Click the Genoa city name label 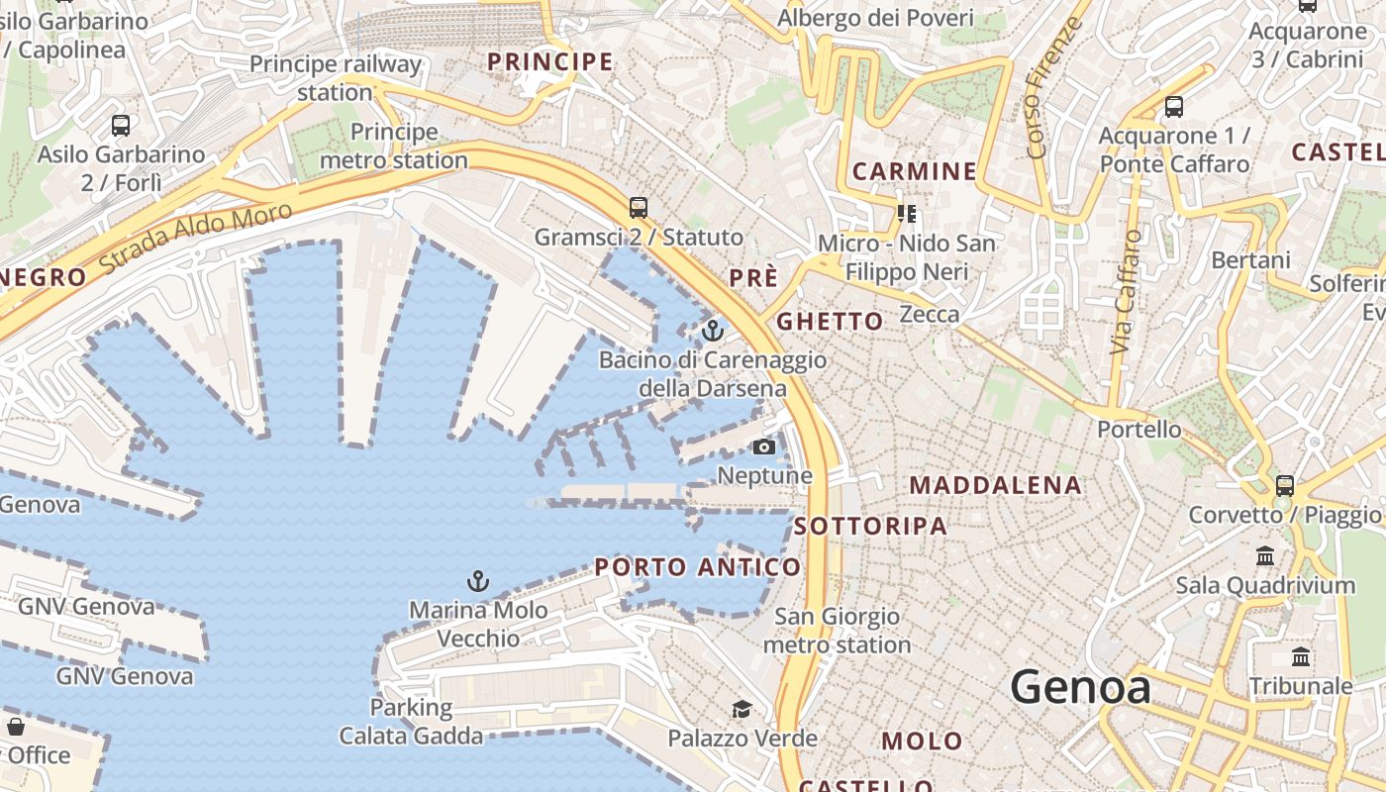click(x=1080, y=686)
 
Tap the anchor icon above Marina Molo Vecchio click(x=478, y=580)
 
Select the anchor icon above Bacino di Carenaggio click(x=712, y=330)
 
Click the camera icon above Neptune click(x=763, y=446)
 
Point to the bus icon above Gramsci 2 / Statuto click(x=639, y=208)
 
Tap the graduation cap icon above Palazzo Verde click(x=742, y=709)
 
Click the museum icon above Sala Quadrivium click(x=1265, y=555)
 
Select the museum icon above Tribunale click(x=1301, y=657)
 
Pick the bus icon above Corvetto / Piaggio click(x=1285, y=485)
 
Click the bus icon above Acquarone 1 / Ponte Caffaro click(x=1174, y=106)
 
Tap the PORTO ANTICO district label click(x=698, y=567)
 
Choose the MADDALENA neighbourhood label click(x=995, y=485)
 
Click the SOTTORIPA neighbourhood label click(x=871, y=526)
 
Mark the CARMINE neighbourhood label click(x=914, y=171)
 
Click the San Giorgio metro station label click(x=837, y=631)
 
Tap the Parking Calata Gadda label click(x=411, y=722)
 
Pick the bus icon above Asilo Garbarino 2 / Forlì click(x=121, y=126)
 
